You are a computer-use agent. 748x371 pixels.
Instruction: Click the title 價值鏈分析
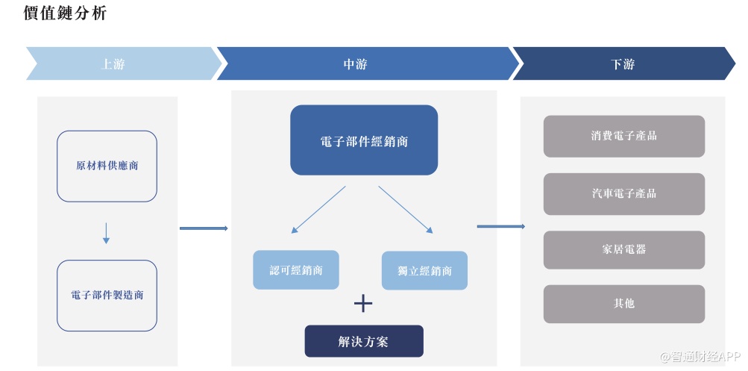[x=65, y=13]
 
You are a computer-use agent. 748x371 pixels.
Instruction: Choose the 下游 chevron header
[x=623, y=64]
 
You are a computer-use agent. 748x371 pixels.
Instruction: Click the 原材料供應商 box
[x=107, y=166]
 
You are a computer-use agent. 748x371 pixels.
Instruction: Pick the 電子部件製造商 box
[x=107, y=295]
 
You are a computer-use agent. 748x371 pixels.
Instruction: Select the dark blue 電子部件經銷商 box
[x=364, y=140]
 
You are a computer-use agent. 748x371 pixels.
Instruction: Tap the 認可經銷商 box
[x=296, y=269]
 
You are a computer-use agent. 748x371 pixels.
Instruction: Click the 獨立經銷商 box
[x=424, y=270]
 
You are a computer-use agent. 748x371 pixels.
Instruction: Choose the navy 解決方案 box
[x=364, y=341]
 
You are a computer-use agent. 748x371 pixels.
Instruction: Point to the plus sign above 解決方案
[x=362, y=303]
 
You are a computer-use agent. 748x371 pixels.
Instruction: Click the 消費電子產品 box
[x=623, y=136]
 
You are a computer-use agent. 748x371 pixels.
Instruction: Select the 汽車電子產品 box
[x=623, y=193]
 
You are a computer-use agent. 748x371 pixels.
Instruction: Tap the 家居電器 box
[x=623, y=249]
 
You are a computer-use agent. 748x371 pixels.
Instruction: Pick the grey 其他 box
[x=623, y=304]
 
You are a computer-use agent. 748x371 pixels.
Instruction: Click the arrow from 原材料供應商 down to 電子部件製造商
[x=106, y=232]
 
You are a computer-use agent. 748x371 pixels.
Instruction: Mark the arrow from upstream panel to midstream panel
[x=204, y=228]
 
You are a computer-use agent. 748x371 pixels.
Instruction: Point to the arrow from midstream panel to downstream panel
[x=500, y=226]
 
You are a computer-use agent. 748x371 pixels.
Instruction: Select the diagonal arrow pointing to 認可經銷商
[x=319, y=210]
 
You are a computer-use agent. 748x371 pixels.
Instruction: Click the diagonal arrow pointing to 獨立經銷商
[x=406, y=210]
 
